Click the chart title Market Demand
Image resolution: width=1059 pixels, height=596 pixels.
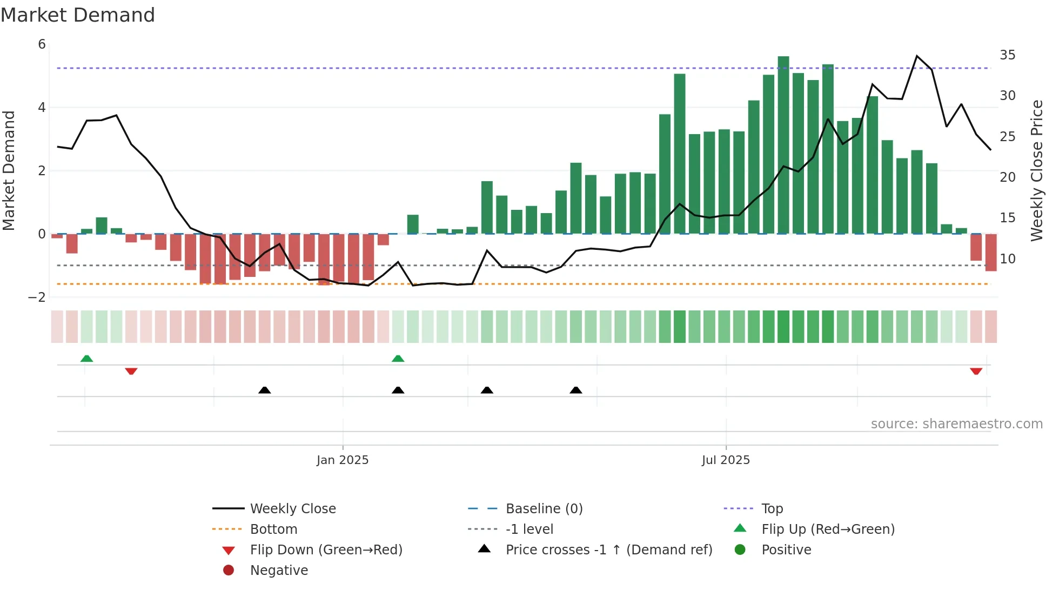click(78, 15)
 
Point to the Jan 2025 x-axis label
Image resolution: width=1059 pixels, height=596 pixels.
click(343, 460)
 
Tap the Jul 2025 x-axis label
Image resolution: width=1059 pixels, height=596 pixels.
click(726, 460)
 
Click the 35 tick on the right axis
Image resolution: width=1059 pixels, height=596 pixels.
click(1007, 55)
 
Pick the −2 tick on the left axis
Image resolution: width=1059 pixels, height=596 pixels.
click(37, 297)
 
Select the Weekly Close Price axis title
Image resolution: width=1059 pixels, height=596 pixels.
click(1036, 170)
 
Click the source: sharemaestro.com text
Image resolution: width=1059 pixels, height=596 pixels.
click(956, 424)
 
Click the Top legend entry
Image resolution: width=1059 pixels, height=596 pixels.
click(772, 509)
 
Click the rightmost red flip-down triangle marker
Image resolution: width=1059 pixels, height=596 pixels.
click(976, 371)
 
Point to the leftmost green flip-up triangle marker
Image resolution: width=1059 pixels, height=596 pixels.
click(86, 359)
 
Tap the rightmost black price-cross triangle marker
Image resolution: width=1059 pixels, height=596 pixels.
click(576, 390)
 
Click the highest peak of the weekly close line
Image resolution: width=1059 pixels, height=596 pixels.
click(917, 56)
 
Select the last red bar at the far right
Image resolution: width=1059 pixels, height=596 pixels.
click(991, 252)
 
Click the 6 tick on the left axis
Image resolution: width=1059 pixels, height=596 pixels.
click(42, 44)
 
